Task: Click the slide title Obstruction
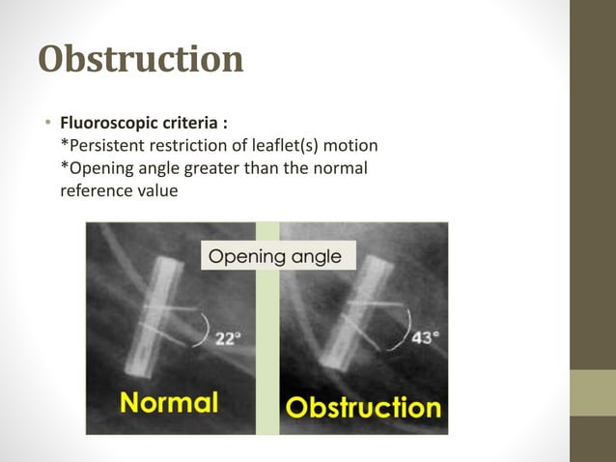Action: (x=140, y=60)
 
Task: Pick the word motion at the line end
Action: (x=350, y=145)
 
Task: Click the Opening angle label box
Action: (x=275, y=256)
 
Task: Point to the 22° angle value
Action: (x=228, y=339)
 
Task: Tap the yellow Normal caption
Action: (x=169, y=401)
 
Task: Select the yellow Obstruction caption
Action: (x=362, y=406)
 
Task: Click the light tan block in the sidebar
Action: (x=592, y=392)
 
